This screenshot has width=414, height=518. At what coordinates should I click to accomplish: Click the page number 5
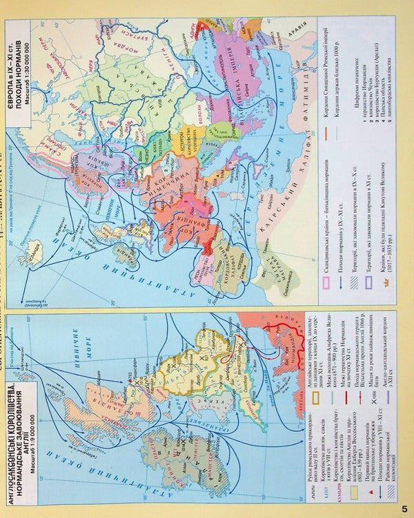pyautogui.click(x=404, y=509)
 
